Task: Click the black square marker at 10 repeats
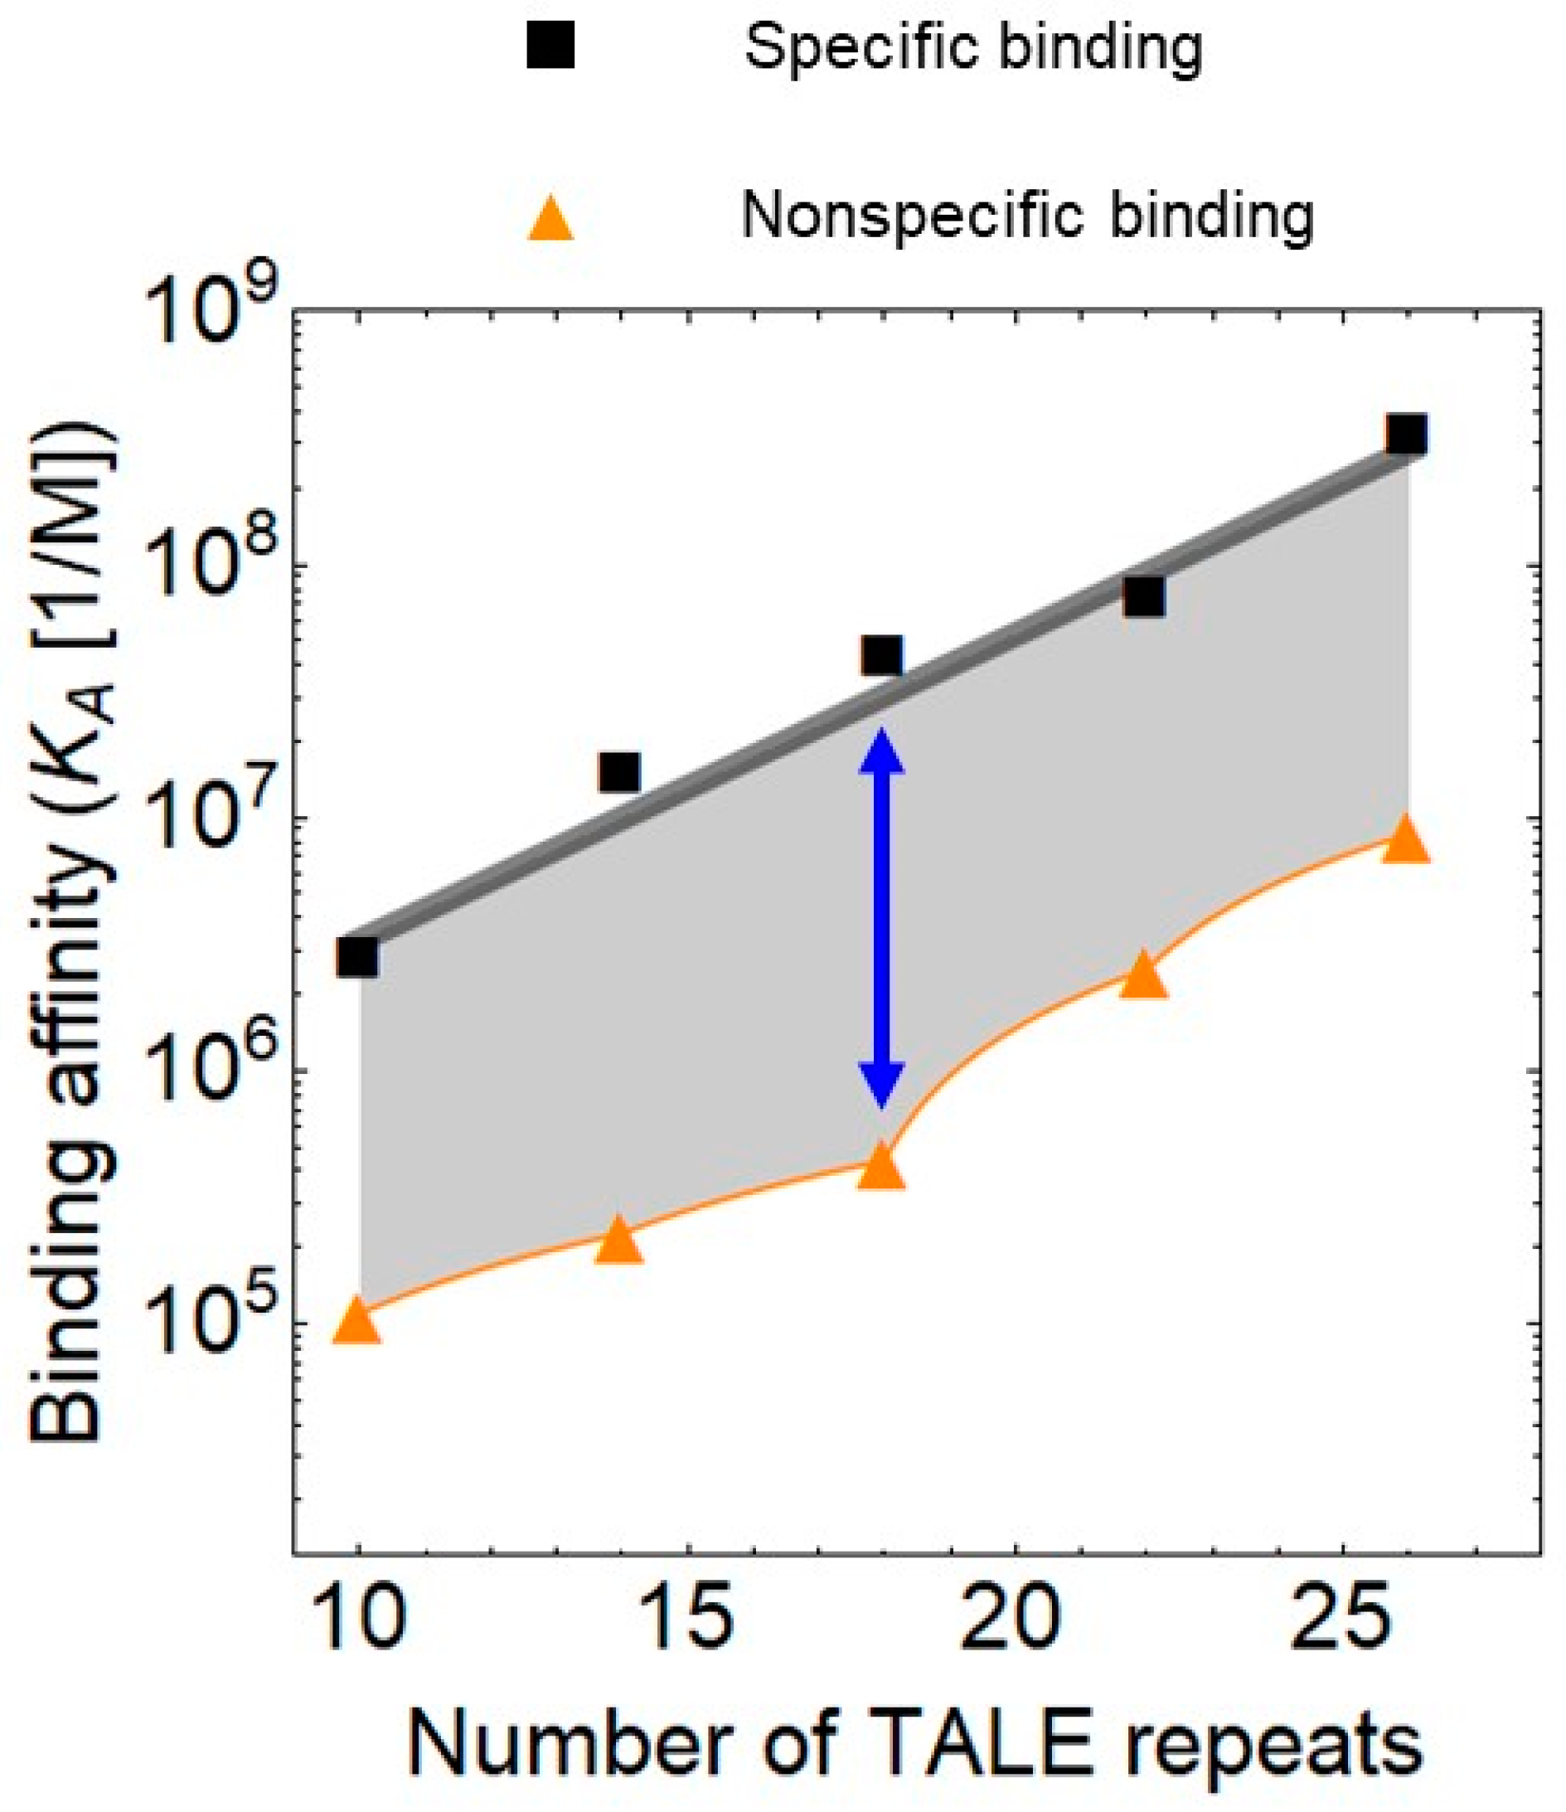click(x=357, y=957)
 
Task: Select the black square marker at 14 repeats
click(x=619, y=771)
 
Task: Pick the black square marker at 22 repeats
click(x=1144, y=596)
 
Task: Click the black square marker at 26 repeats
click(x=1407, y=434)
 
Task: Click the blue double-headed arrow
click(x=881, y=918)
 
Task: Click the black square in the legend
click(x=550, y=45)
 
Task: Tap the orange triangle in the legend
click(x=550, y=219)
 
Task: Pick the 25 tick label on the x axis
click(x=1341, y=1618)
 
